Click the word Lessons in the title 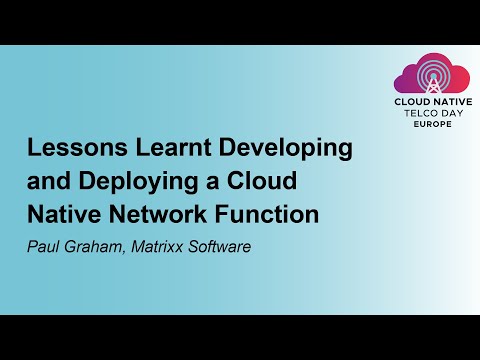(69, 149)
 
